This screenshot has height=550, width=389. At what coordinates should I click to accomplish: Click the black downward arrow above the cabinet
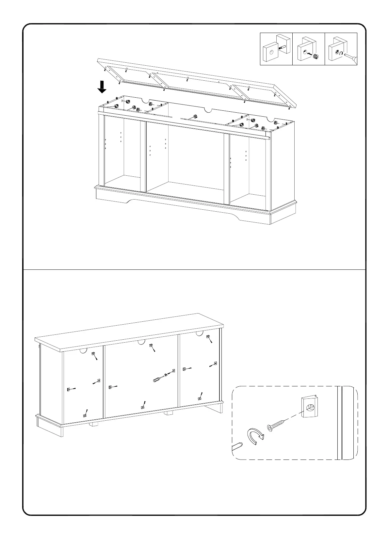[102, 87]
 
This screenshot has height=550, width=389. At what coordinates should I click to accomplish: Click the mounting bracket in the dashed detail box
[309, 407]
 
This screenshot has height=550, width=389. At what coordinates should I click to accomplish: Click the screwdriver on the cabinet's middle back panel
[158, 379]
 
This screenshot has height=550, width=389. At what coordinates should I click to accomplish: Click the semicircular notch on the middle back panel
[141, 342]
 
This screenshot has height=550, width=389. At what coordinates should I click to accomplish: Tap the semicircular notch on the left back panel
[84, 351]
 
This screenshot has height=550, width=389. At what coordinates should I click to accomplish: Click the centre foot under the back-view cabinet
[168, 413]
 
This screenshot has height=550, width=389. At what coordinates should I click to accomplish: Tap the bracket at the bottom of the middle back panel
[143, 407]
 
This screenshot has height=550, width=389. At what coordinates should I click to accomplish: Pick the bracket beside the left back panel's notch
[93, 354]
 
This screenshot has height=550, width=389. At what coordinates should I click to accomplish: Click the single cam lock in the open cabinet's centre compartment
[195, 116]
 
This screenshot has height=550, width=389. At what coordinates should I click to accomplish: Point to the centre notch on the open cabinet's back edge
[207, 110]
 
